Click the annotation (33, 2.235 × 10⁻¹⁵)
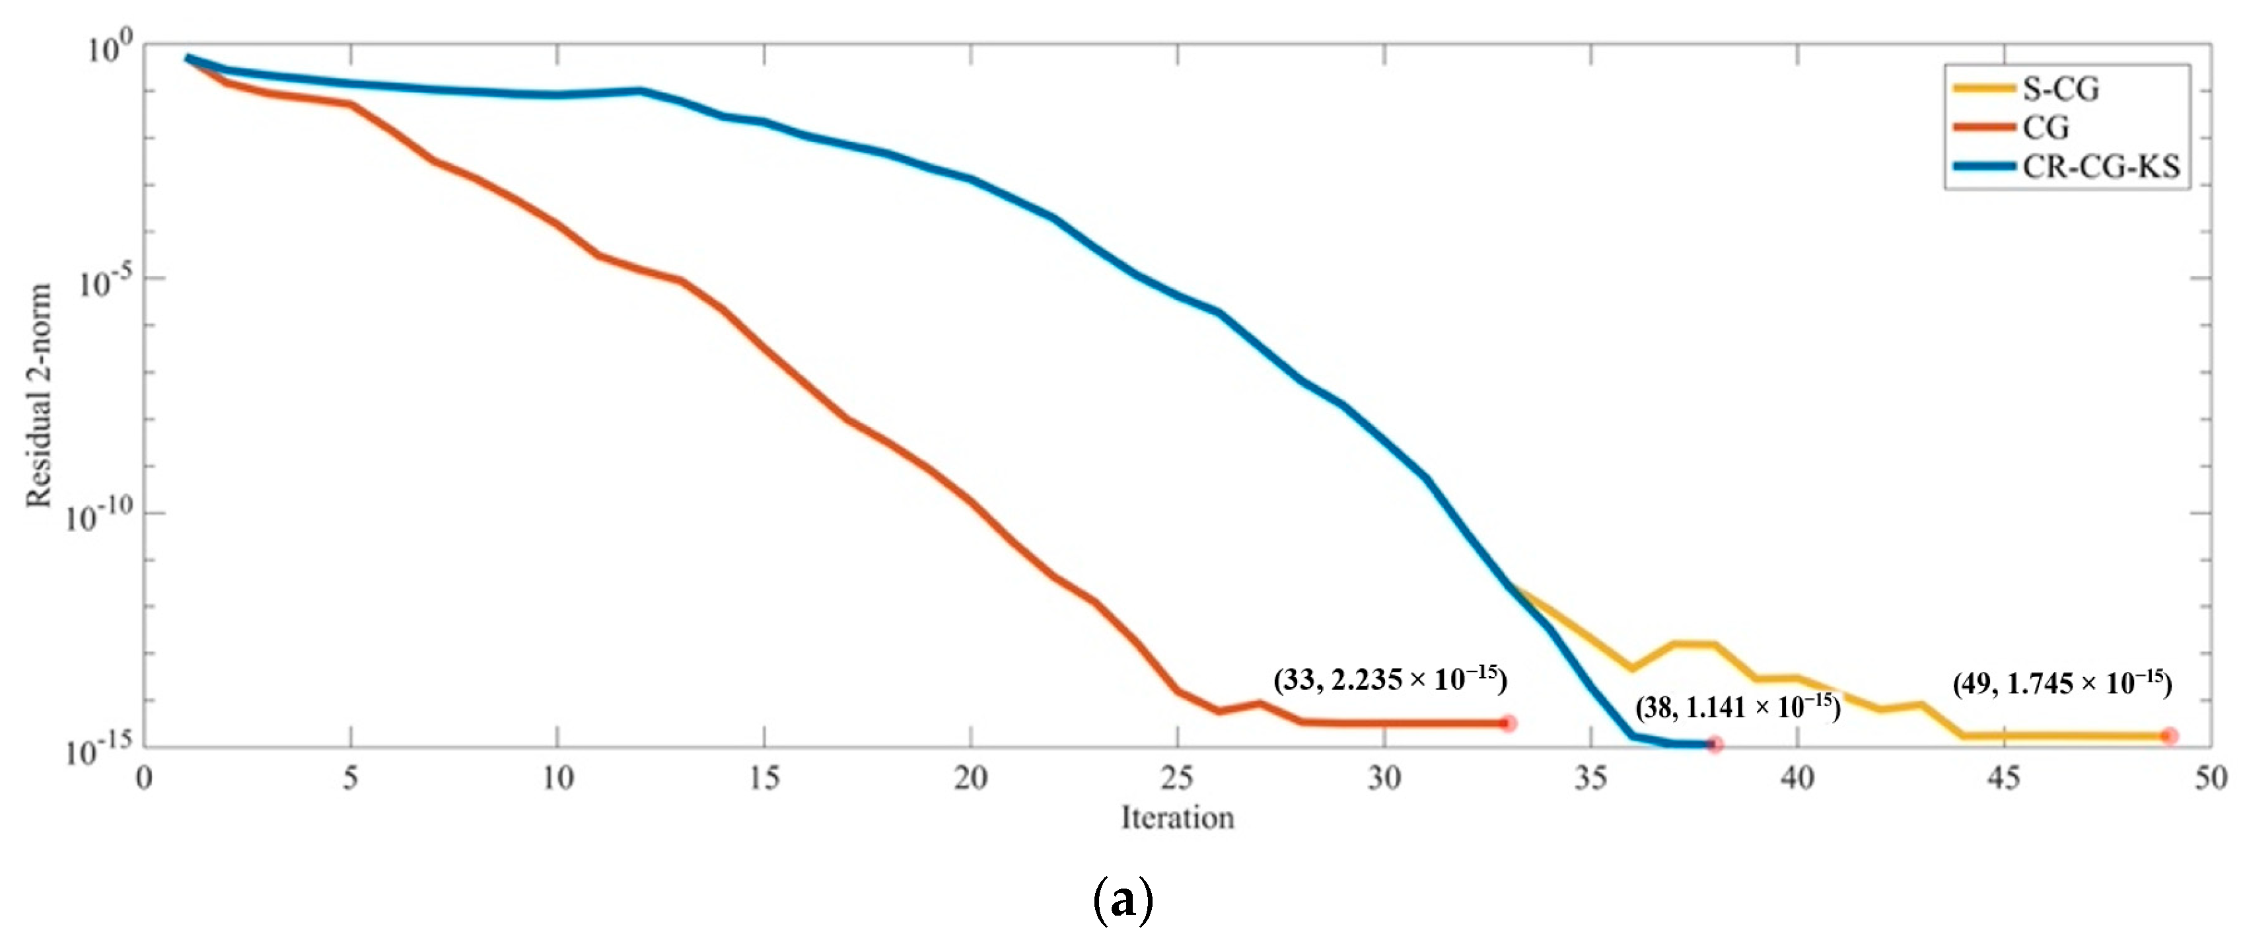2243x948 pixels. (1390, 679)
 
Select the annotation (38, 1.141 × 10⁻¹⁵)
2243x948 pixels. (1737, 707)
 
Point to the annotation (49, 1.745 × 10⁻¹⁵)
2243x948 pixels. (2062, 683)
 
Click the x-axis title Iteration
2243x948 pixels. (1177, 819)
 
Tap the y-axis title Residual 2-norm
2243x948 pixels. (38, 396)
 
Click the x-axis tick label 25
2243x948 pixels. (1177, 778)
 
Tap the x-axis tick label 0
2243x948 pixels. (145, 778)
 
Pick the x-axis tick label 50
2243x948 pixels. (2210, 778)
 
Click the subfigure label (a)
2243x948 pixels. (1122, 901)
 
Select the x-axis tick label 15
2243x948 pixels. (764, 778)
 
